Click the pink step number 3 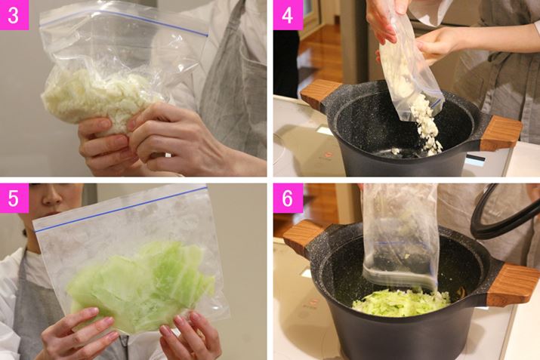pyautogui.click(x=14, y=15)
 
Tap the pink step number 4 pyautogui.click(x=288, y=15)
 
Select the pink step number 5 pyautogui.click(x=14, y=198)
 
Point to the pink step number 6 pyautogui.click(x=288, y=198)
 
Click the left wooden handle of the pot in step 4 pyautogui.click(x=319, y=94)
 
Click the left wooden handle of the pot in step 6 pyautogui.click(x=301, y=237)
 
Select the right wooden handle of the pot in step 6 pyautogui.click(x=512, y=284)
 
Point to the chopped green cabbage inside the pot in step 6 pyautogui.click(x=401, y=303)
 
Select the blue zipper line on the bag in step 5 pyautogui.click(x=122, y=209)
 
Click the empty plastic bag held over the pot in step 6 pyautogui.click(x=400, y=237)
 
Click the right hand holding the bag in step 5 pyautogui.click(x=190, y=337)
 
